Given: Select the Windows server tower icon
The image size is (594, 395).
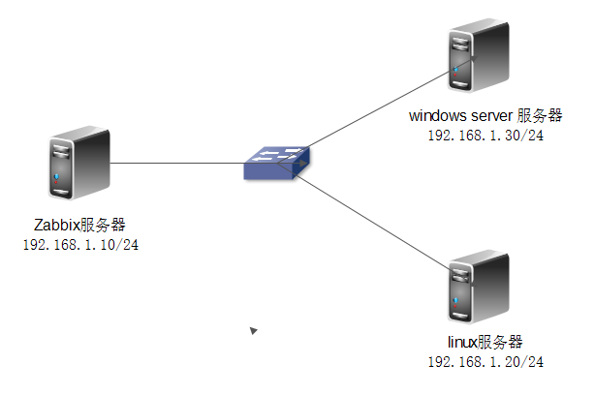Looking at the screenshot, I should coord(478,60).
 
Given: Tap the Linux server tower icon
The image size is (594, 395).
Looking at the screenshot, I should coord(478,288).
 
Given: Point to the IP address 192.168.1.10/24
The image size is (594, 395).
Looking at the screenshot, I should coord(79,244).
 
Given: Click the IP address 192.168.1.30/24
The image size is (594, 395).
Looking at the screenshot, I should coord(485,136).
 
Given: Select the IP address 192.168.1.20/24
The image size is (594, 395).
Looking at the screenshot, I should coord(485,361).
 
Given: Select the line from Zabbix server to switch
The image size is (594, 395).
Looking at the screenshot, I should coord(174,164).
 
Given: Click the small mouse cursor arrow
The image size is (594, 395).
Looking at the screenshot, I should coord(253,331).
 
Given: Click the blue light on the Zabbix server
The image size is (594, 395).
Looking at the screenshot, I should coord(59,177).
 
